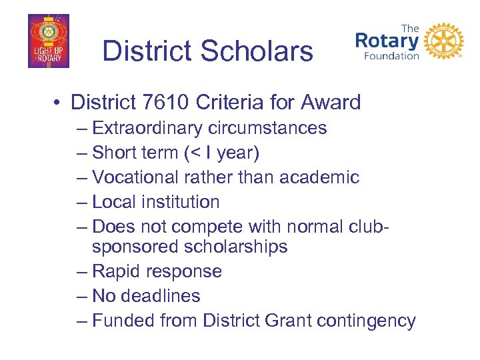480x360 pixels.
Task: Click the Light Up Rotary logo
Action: (49, 41)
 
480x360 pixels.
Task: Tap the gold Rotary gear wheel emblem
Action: (443, 41)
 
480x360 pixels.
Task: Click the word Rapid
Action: (116, 271)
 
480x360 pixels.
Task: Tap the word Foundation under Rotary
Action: (391, 56)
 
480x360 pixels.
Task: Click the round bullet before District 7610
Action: (60, 103)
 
